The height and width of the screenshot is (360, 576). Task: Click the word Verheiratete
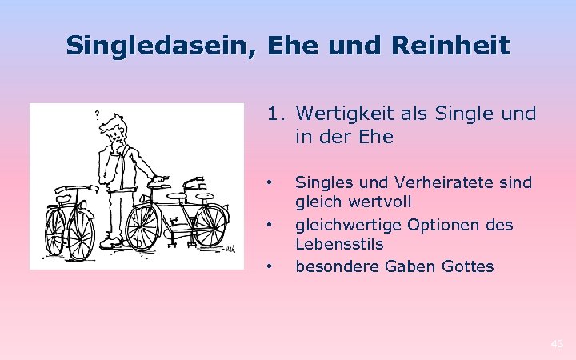pyautogui.click(x=444, y=183)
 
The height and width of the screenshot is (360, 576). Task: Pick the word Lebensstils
pyautogui.click(x=339, y=244)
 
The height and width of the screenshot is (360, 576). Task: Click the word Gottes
pyautogui.click(x=467, y=266)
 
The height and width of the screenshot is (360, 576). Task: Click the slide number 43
pyautogui.click(x=557, y=344)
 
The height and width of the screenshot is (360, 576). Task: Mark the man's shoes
pyautogui.click(x=111, y=242)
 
